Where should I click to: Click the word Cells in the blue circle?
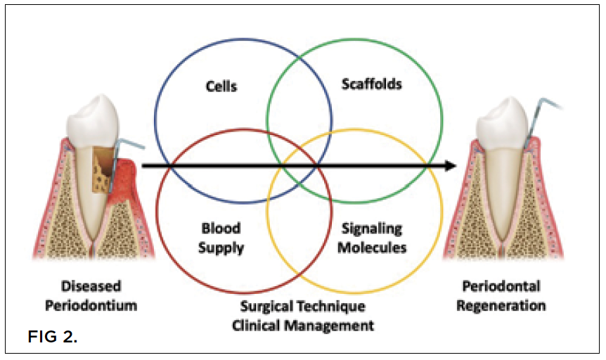point(221,86)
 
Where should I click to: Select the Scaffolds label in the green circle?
point(371,84)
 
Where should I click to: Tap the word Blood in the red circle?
point(221,228)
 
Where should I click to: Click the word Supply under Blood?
point(221,247)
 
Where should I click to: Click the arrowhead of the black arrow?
point(450,167)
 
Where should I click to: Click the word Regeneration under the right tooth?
point(504,305)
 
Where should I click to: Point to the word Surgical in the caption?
point(268,307)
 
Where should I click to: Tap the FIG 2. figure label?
point(53,337)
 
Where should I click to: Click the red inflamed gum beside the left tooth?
point(127,179)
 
